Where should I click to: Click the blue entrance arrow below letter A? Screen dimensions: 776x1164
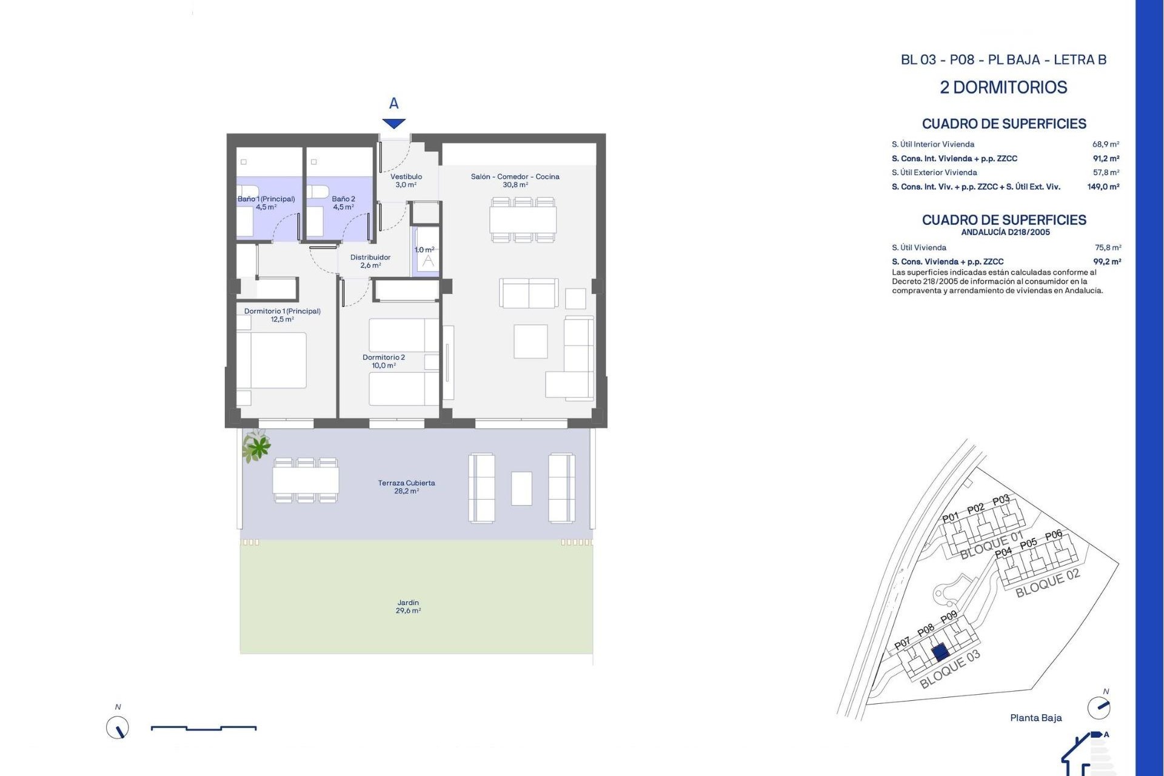coord(394,124)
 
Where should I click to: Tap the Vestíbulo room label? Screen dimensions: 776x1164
coord(406,181)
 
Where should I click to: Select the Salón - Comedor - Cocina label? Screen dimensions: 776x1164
coord(515,181)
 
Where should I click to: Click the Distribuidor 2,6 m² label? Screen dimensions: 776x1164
coord(370,261)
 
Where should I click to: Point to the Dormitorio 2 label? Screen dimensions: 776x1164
coord(384,361)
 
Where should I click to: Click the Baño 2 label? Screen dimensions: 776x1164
coord(343,202)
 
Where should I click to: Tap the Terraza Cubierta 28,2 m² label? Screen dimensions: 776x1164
coord(406,487)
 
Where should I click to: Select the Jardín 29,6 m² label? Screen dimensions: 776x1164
coord(408,606)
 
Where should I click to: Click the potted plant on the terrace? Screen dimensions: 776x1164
coord(257,447)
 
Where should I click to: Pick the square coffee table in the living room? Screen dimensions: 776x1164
coord(530,341)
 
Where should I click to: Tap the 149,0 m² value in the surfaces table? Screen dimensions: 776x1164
coord(1103,187)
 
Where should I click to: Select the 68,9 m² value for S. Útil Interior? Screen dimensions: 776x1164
coord(1106,144)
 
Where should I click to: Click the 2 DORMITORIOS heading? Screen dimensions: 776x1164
coord(1003,87)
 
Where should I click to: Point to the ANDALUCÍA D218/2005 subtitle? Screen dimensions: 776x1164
coord(1005,232)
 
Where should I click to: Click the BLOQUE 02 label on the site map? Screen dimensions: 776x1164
coord(1048,583)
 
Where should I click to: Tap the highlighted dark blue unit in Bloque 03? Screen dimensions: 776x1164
coord(940,652)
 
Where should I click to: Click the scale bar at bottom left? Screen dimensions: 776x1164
coord(204,727)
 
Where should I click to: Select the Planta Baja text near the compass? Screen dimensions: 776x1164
coord(1035,718)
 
